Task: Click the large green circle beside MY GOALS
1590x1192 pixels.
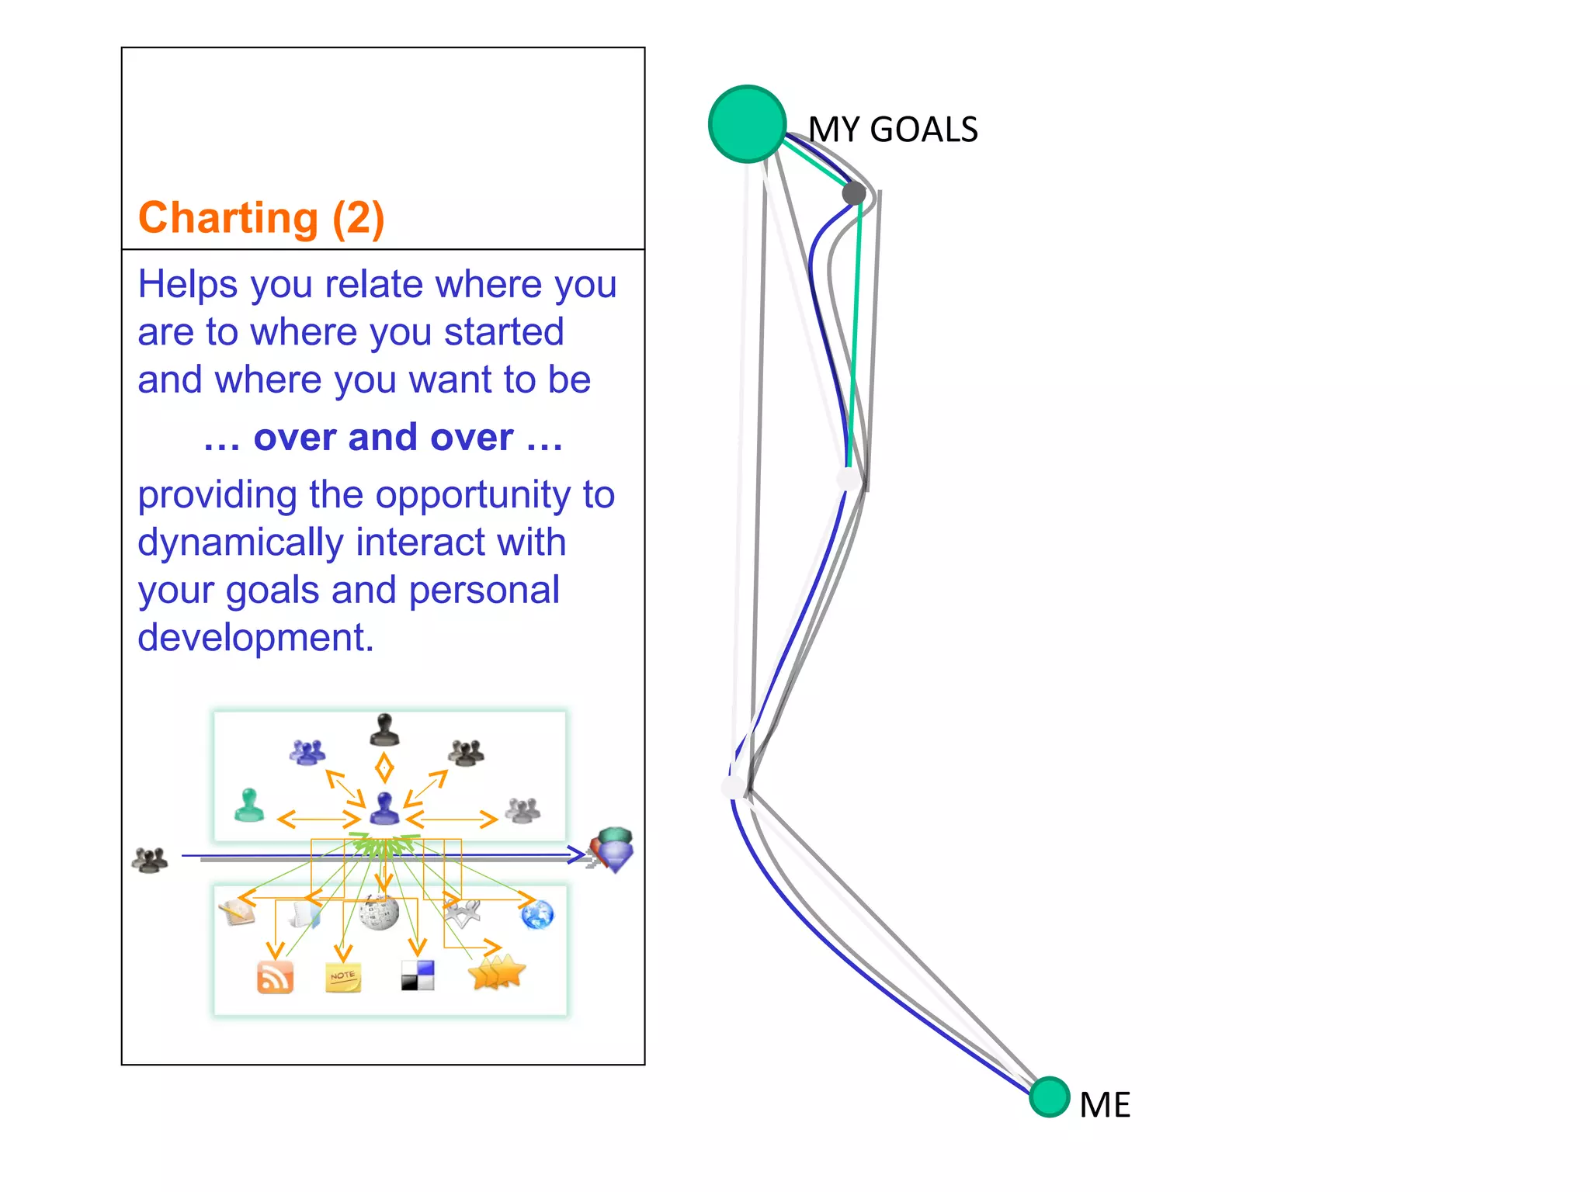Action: [747, 124]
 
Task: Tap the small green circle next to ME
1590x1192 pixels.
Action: [1050, 1097]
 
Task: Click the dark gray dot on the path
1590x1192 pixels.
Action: [854, 193]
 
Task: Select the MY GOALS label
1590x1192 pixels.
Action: [893, 130]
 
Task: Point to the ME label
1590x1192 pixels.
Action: [1105, 1105]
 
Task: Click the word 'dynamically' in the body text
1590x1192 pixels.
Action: [240, 542]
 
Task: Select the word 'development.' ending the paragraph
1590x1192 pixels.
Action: [255, 638]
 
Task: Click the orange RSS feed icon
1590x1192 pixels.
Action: [275, 977]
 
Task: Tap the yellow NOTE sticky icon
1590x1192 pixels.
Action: [342, 977]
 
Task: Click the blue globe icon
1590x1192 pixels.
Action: [537, 914]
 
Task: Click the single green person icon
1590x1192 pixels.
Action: [249, 805]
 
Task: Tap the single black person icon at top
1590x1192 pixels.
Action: [384, 729]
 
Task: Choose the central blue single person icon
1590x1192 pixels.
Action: [384, 809]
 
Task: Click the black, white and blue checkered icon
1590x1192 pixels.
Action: [418, 975]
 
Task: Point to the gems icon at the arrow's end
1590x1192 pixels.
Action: [613, 850]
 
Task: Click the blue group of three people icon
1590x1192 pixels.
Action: [307, 751]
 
